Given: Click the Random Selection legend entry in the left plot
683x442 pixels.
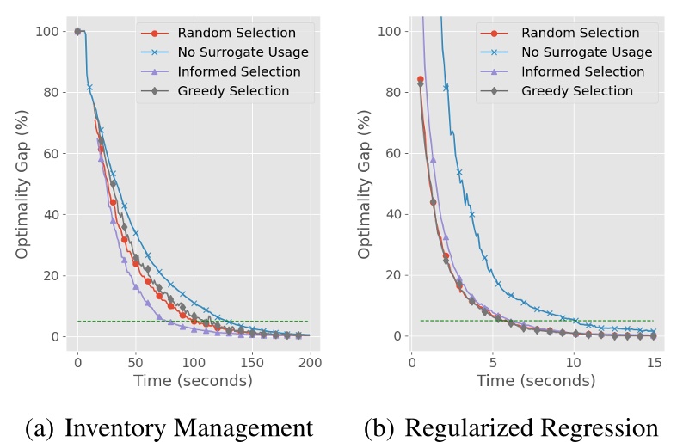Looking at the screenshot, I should [237, 33].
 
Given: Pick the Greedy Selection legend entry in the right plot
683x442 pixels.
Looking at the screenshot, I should [577, 90].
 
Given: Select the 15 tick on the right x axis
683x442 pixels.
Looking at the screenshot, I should [654, 362].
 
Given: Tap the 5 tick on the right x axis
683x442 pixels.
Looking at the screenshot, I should [492, 362].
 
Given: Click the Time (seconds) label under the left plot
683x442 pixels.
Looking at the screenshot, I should [193, 381].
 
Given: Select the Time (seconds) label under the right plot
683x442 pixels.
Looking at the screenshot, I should [536, 381].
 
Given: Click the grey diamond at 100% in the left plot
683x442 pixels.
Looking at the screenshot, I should [77, 32].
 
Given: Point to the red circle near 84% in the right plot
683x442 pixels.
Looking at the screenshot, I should [420, 79].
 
